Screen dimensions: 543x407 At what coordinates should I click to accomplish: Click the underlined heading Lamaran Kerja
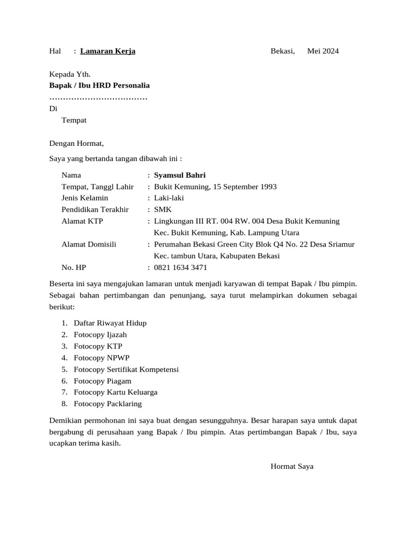108,51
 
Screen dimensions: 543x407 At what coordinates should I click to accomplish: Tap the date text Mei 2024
323,51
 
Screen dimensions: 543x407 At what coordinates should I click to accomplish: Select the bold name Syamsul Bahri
180,176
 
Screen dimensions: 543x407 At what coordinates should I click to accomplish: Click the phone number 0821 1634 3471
180,268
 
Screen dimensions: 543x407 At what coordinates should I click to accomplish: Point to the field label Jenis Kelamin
85,198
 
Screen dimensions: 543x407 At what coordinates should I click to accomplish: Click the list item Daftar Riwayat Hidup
110,323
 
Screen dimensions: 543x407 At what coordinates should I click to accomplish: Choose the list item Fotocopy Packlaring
108,404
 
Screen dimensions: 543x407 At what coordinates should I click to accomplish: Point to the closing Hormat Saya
292,467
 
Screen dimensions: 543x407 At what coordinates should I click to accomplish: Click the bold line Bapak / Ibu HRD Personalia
100,85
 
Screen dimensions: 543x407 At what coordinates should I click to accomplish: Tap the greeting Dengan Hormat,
77,143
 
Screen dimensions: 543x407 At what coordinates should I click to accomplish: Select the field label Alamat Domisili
89,244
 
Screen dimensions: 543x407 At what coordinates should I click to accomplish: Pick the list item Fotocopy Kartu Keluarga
116,392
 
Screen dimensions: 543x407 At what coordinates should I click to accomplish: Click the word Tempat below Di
74,120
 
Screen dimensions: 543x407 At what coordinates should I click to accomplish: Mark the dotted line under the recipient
98,98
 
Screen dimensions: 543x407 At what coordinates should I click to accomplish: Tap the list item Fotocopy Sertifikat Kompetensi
126,369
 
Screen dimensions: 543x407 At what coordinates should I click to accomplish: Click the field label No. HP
73,268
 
